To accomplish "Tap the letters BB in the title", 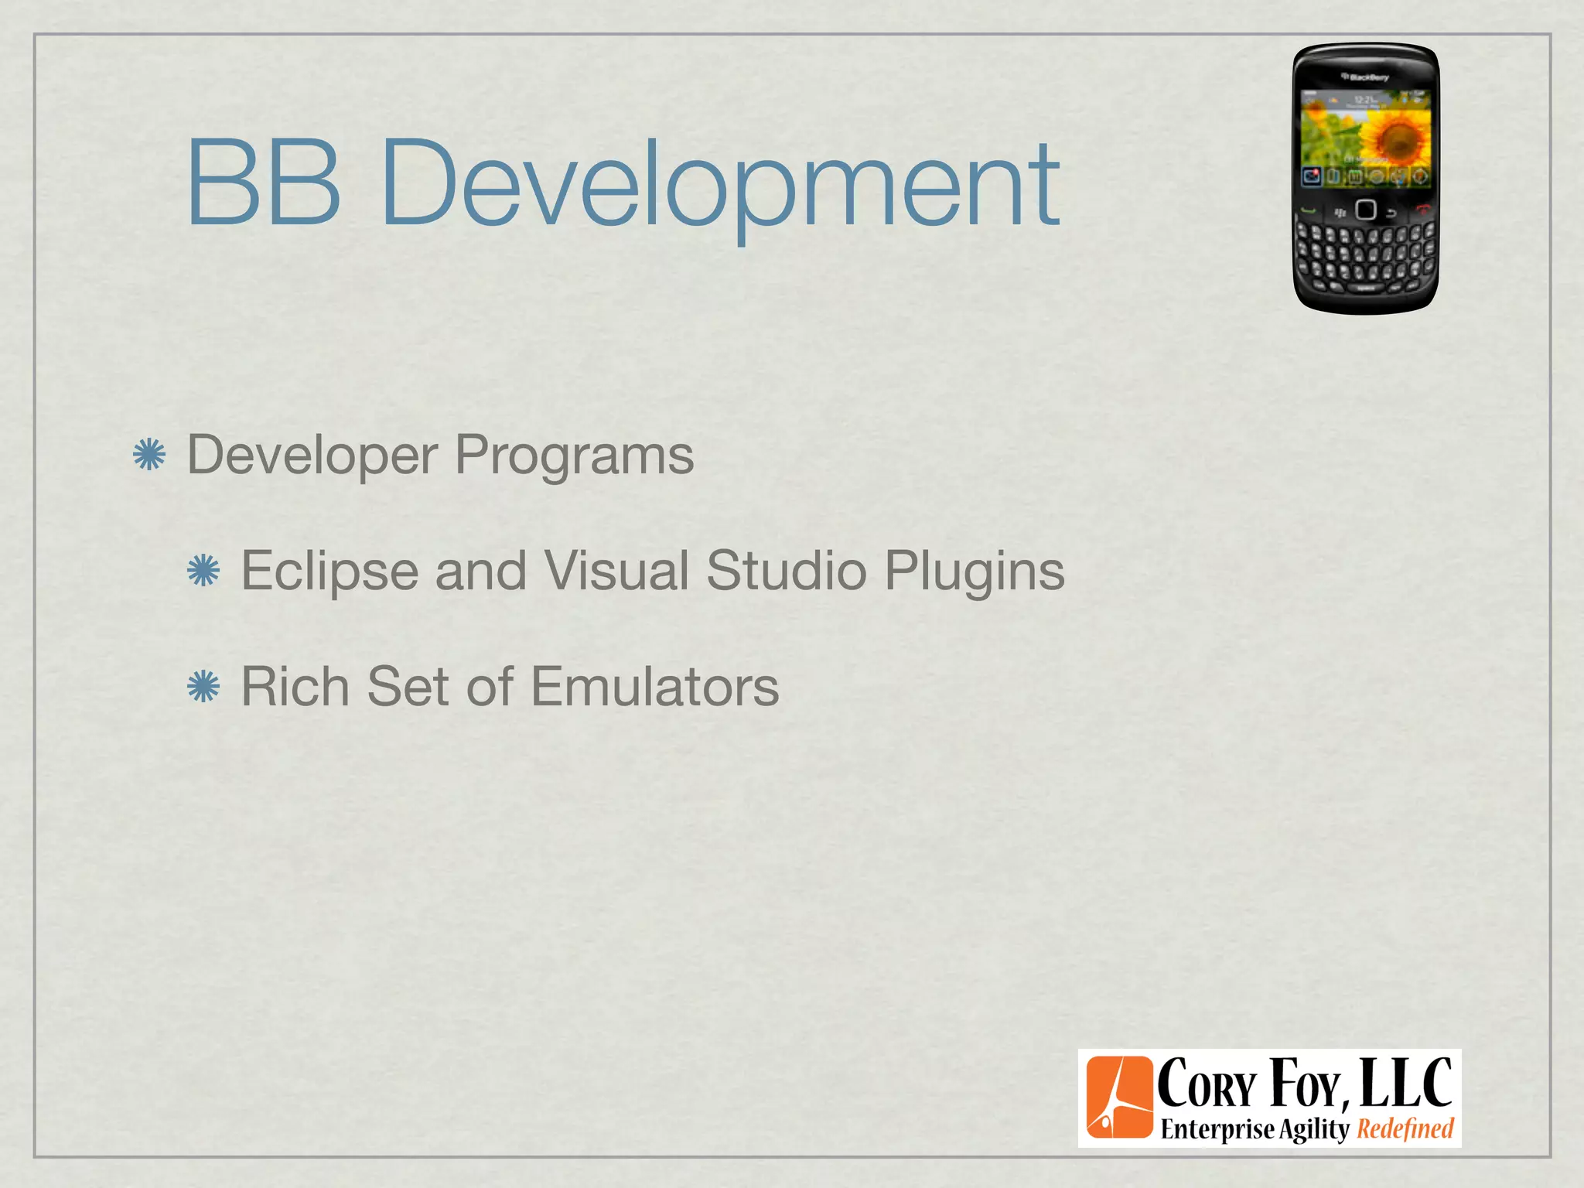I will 263,183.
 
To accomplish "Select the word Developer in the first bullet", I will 312,456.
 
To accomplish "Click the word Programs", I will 574,456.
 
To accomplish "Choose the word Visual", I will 616,571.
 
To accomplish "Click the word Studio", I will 786,571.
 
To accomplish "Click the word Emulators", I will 655,687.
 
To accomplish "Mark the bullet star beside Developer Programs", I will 149,455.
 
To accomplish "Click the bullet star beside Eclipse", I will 203,571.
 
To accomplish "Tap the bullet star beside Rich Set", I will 203,687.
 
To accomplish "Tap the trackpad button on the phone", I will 1366,210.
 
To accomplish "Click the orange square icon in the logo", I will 1118,1098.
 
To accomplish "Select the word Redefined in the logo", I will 1405,1129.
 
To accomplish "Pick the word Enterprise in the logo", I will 1217,1129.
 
